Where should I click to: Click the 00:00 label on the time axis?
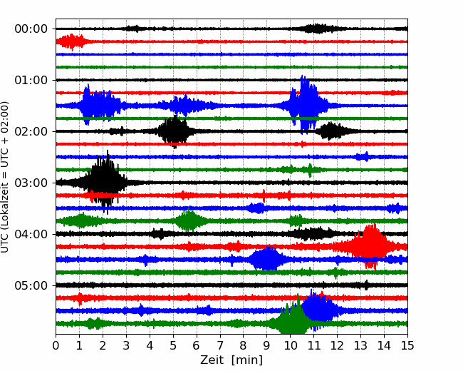[31, 29]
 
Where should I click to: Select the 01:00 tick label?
[31, 80]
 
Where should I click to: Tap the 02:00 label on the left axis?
[31, 131]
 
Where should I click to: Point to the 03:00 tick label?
[31, 183]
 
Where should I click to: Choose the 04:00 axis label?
[31, 234]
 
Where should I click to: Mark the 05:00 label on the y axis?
[31, 285]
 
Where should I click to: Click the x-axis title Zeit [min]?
[231, 360]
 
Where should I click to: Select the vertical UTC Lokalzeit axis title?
[4, 177]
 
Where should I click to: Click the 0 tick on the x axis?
[56, 345]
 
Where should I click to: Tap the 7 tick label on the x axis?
[220, 345]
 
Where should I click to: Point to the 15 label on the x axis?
[407, 345]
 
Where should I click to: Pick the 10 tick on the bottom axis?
[290, 345]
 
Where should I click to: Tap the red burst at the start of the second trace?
[71, 41]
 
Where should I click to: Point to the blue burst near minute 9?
[267, 259]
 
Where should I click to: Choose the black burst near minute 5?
[175, 131]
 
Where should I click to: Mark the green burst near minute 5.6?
[189, 220]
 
